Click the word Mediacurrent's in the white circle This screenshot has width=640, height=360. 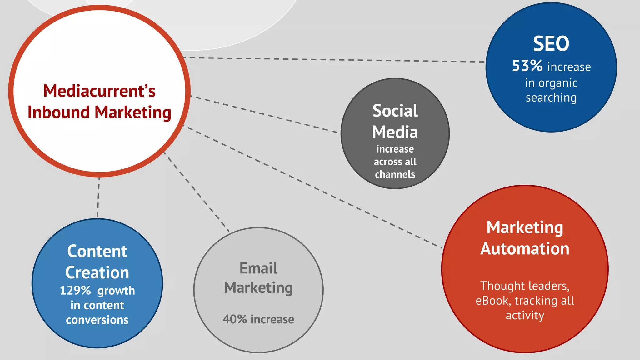click(99, 91)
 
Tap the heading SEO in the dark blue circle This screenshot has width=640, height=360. click(551, 44)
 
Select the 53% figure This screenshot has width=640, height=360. click(527, 66)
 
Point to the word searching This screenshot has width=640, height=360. click(551, 98)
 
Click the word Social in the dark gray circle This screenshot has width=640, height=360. click(395, 111)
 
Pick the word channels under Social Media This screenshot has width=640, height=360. click(395, 174)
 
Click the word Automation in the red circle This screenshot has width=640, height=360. click(525, 249)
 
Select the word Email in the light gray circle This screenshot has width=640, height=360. click(258, 268)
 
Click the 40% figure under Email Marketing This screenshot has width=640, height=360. click(235, 319)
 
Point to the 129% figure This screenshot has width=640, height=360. click(75, 291)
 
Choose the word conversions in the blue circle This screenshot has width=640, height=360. click(97, 320)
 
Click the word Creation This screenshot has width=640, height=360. click(97, 272)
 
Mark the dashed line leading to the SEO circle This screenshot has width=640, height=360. click(334, 60)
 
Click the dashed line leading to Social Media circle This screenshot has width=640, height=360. click(264, 115)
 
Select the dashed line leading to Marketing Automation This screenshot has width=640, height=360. click(312, 187)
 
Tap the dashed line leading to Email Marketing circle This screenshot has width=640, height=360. click(197, 192)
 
